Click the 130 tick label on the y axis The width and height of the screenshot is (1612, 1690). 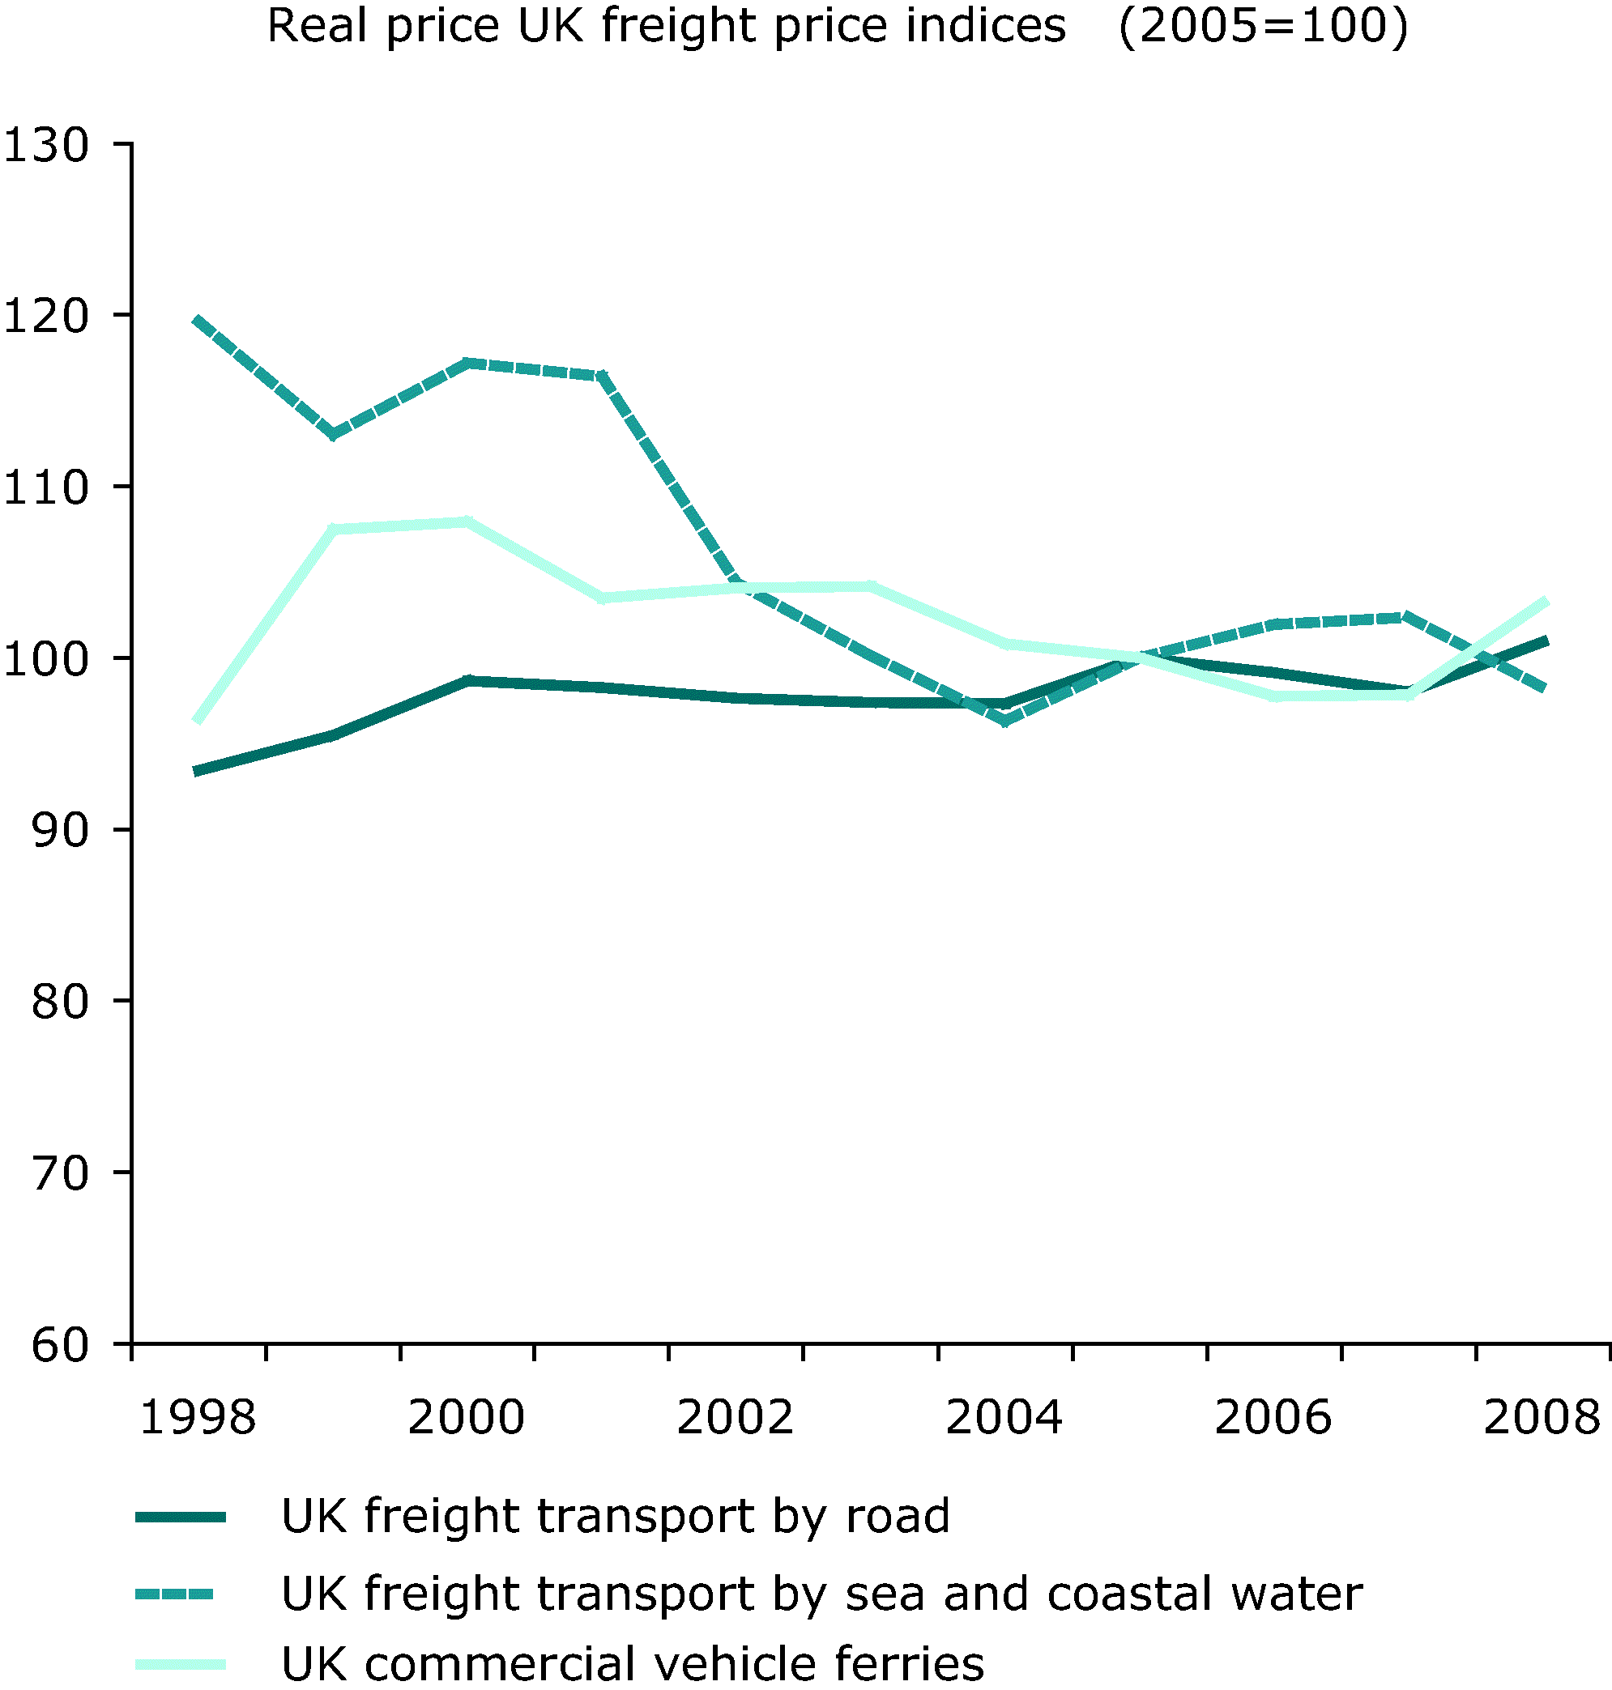tap(47, 145)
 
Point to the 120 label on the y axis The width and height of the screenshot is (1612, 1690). tap(47, 316)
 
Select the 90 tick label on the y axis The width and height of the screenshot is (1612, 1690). tap(60, 830)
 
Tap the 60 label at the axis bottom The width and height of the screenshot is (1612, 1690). tap(60, 1344)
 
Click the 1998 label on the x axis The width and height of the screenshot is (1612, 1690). tap(198, 1418)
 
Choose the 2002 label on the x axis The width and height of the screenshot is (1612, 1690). tap(735, 1418)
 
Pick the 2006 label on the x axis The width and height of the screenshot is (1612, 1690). tap(1273, 1418)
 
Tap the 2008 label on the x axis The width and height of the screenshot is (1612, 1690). tap(1542, 1418)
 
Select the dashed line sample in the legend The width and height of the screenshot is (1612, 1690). tap(174, 1594)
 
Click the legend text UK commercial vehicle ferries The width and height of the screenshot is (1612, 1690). tap(633, 1664)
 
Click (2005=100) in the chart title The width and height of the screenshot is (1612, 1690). tap(1263, 25)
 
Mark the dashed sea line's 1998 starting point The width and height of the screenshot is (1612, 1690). tap(198, 321)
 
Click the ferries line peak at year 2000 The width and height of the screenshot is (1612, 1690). tap(467, 521)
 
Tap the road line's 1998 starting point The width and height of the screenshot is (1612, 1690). tap(198, 772)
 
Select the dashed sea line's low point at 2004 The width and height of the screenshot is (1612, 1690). tap(1004, 722)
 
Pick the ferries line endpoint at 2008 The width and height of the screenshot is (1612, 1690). tap(1545, 602)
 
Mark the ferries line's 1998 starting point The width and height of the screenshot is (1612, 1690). tap(198, 720)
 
